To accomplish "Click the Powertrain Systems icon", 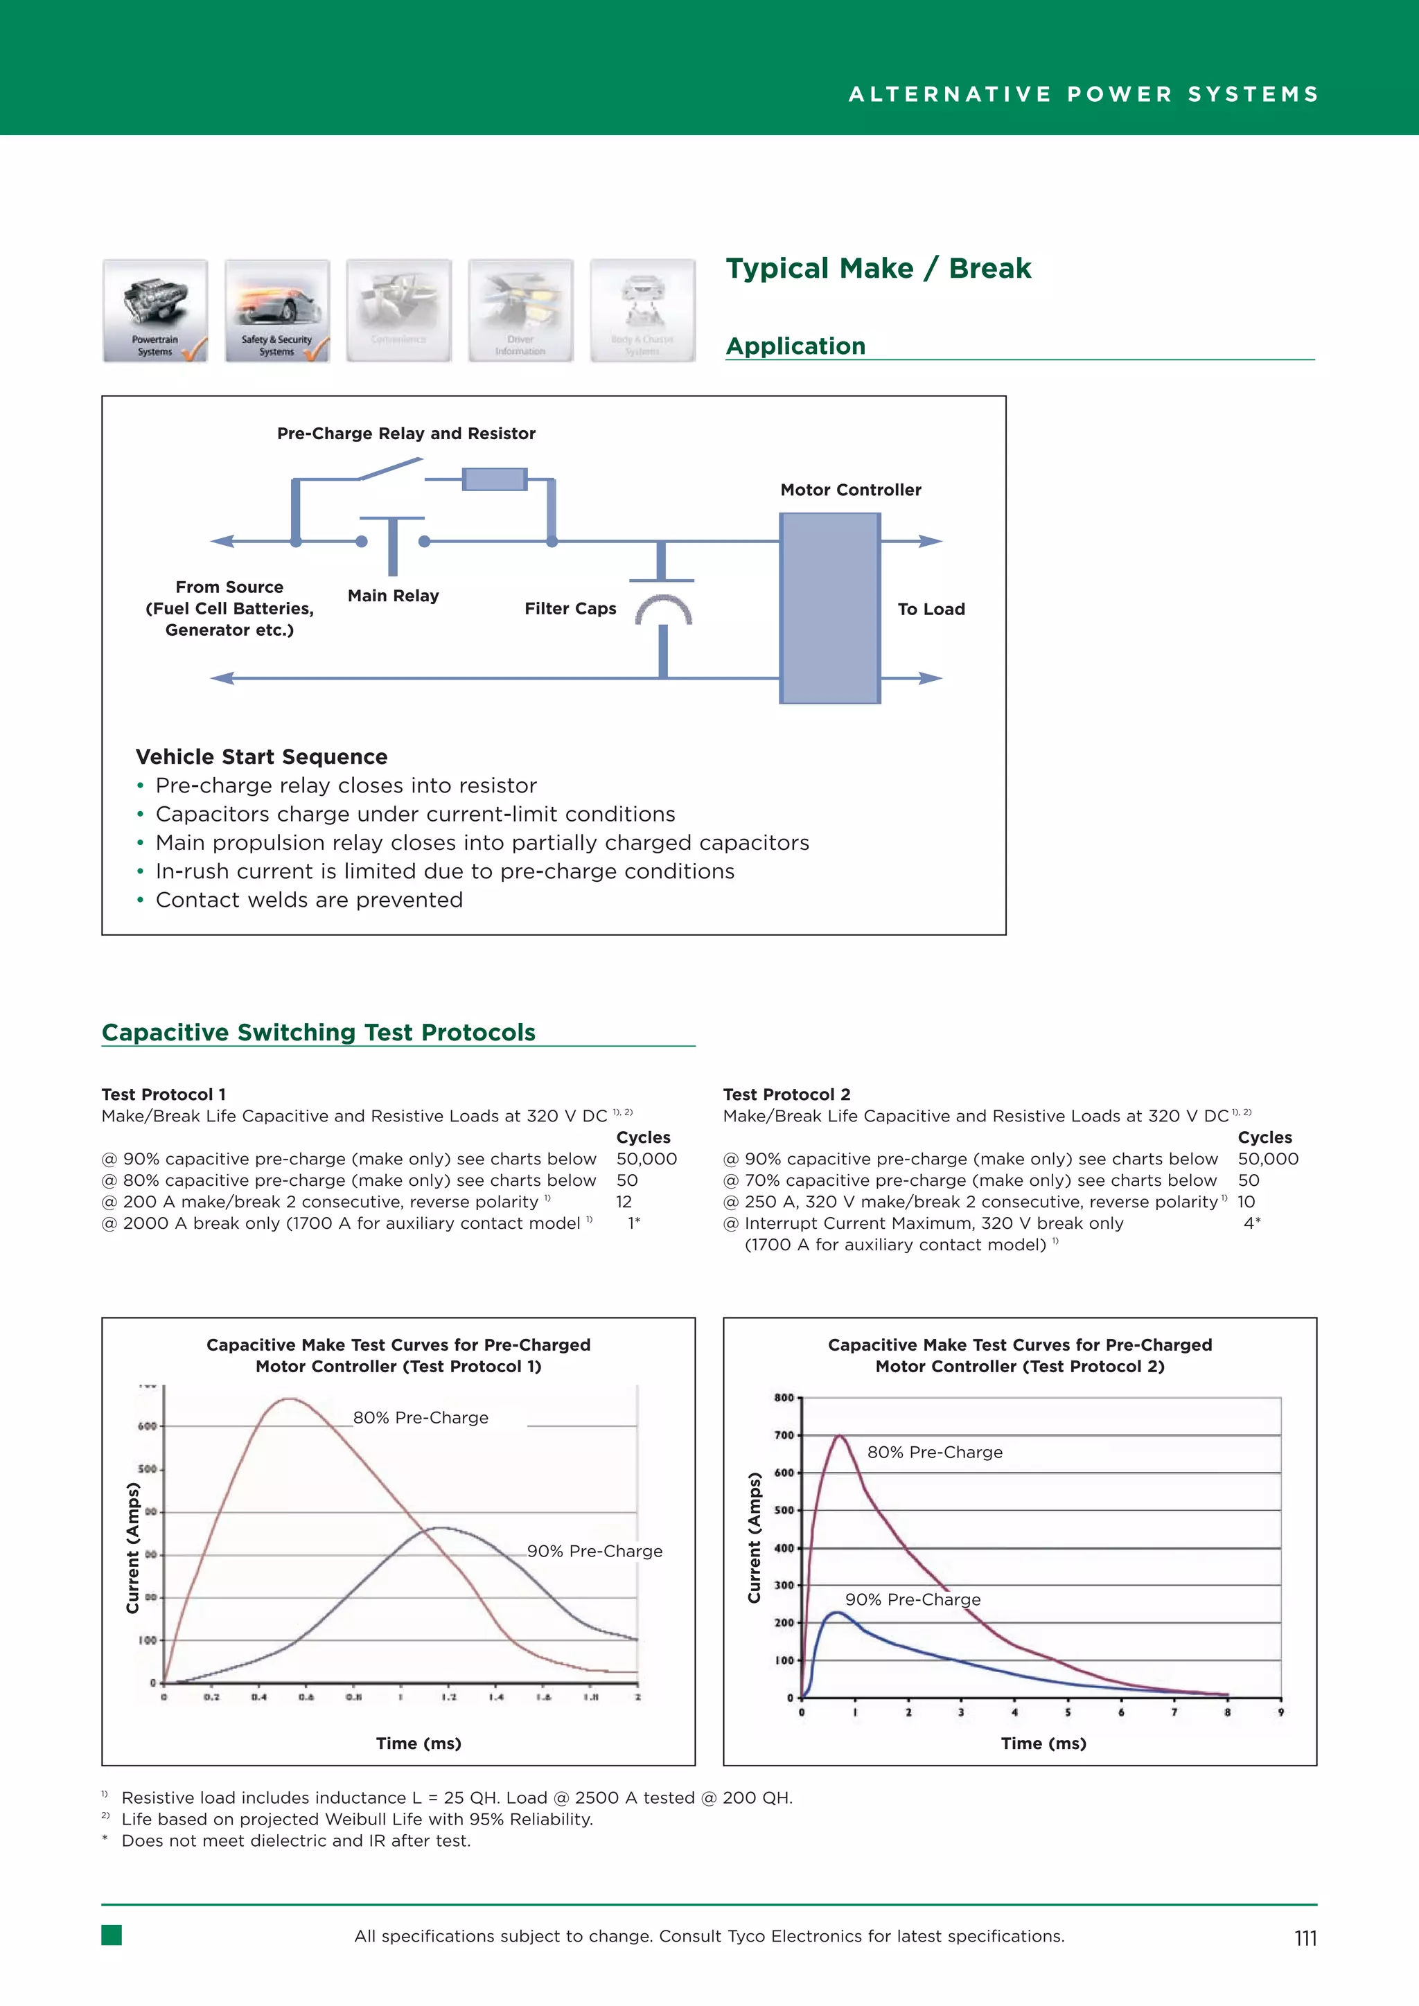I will (155, 310).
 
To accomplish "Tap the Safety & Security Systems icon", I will (277, 310).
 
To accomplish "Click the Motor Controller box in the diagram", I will (829, 607).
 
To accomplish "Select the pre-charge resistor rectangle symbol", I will (495, 479).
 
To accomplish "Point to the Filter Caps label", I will (570, 609).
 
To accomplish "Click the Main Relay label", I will (393, 596).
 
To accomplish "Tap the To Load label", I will (931, 609).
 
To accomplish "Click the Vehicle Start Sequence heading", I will (261, 756).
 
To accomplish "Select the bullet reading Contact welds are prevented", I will (308, 900).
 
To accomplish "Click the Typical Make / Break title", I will (878, 268).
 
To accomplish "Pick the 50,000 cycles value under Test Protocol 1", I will (646, 1159).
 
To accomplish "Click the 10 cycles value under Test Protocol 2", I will (1246, 1201).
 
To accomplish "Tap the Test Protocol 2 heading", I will (786, 1094).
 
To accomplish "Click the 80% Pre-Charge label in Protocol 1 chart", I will (421, 1417).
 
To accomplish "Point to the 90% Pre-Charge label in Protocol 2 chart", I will (913, 1599).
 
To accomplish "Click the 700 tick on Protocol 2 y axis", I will (784, 1435).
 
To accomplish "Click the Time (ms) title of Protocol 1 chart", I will (418, 1743).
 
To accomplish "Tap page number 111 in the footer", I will (1305, 1938).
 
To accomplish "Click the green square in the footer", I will (112, 1935).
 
